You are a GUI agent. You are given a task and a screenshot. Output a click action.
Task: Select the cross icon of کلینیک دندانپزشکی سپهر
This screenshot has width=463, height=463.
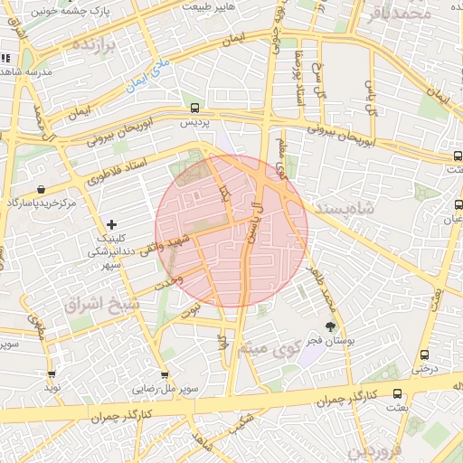click(x=111, y=223)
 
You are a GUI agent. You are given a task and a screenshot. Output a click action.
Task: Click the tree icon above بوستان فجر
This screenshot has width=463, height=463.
click(x=329, y=326)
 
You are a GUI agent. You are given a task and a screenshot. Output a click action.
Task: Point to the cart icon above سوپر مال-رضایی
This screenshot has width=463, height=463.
click(x=164, y=373)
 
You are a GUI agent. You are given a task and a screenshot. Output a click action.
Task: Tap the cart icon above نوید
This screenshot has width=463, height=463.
click(x=51, y=373)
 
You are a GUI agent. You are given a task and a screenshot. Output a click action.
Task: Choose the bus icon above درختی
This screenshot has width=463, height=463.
click(x=424, y=354)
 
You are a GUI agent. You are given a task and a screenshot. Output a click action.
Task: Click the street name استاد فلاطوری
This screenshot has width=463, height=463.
click(x=128, y=167)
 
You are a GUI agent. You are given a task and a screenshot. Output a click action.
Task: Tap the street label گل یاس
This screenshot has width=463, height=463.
click(x=369, y=97)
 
